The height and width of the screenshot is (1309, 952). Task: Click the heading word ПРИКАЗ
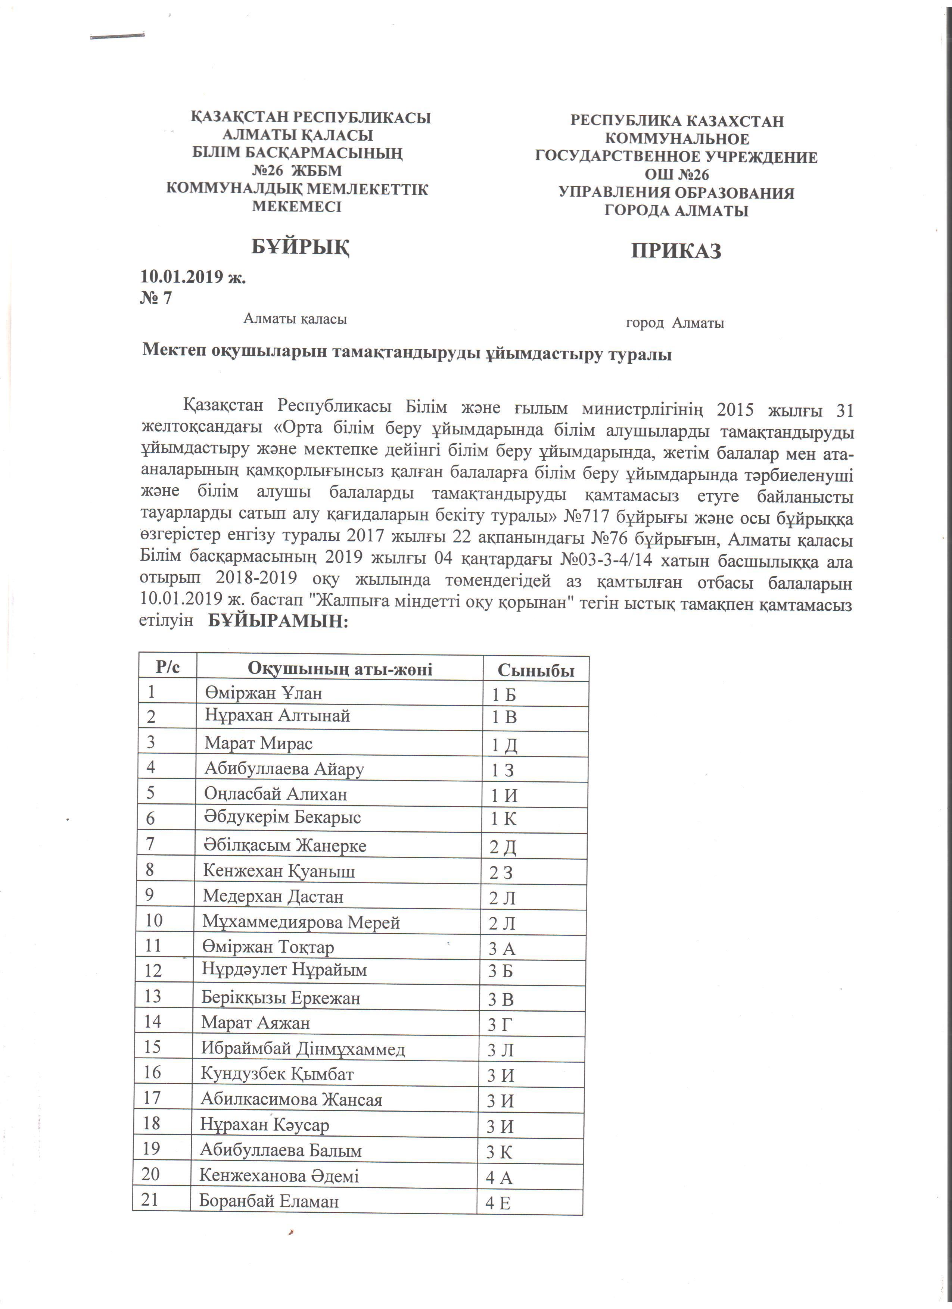(x=676, y=251)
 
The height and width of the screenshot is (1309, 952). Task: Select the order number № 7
(x=156, y=298)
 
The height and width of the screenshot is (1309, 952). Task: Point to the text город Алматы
(x=675, y=323)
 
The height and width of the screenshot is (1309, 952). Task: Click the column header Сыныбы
(x=536, y=670)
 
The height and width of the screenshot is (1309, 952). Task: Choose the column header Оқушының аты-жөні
(x=340, y=668)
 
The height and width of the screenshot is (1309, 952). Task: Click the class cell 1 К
(x=503, y=819)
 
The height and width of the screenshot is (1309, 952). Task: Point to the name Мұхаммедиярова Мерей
(x=301, y=922)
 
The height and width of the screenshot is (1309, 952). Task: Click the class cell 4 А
(x=499, y=1177)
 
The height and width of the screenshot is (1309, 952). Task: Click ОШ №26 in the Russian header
(x=676, y=175)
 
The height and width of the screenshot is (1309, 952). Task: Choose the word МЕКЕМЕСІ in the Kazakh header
(x=297, y=207)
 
